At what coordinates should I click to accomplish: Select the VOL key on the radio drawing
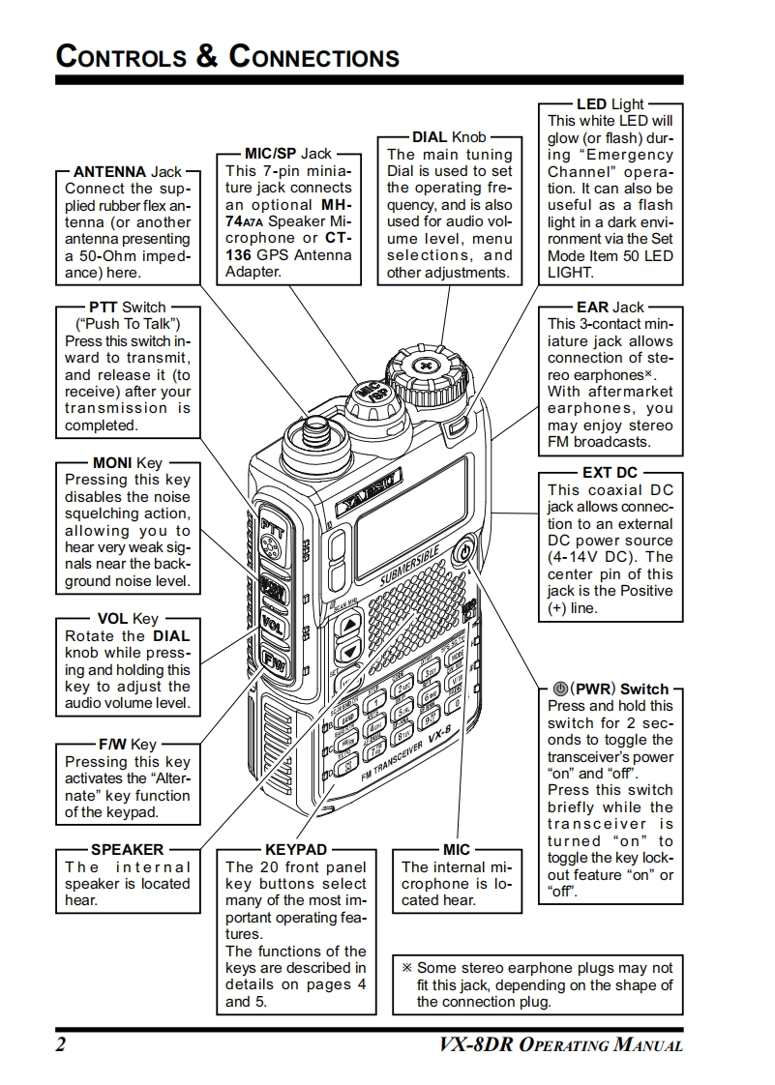(x=272, y=622)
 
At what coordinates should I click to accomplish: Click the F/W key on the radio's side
(x=272, y=660)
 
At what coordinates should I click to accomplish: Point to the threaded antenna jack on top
(x=312, y=426)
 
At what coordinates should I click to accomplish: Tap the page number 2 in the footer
(x=61, y=1045)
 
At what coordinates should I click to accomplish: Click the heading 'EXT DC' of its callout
(x=610, y=473)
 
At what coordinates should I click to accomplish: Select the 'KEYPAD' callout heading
(x=295, y=850)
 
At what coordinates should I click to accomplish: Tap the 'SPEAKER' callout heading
(x=127, y=850)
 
